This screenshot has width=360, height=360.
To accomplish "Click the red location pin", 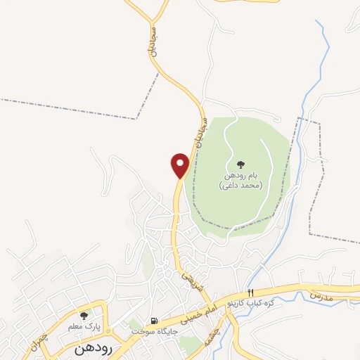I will [181, 165].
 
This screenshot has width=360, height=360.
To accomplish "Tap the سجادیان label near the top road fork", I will [154, 43].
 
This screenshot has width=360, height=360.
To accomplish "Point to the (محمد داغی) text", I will [240, 185].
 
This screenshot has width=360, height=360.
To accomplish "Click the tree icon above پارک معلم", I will [84, 316].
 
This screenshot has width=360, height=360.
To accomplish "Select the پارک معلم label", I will [84, 327].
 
